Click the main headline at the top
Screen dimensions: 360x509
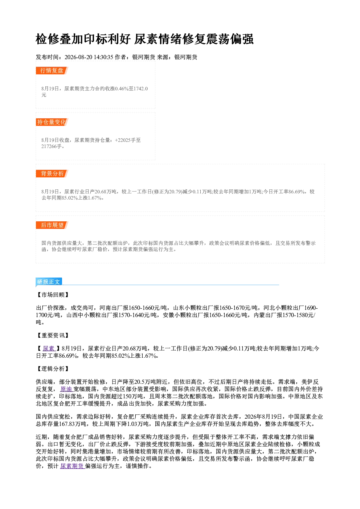coord(144,39)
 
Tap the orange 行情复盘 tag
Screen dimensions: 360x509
coord(52,70)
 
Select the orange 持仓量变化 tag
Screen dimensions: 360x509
coord(52,122)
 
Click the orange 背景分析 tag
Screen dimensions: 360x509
coord(52,174)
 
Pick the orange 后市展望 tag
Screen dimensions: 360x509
coord(52,225)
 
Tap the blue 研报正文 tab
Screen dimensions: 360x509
coord(49,282)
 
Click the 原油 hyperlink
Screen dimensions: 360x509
coord(66,389)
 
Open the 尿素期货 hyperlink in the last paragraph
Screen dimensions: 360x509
coord(73,466)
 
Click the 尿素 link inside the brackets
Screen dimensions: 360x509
coord(49,348)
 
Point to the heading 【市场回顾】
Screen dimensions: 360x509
coord(53,295)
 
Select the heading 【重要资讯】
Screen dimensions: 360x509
coord(53,335)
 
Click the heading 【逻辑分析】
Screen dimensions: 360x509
coord(53,369)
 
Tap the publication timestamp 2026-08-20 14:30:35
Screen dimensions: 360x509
coord(89,57)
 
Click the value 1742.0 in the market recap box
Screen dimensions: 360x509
coord(141,89)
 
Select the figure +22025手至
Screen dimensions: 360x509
coord(128,140)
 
